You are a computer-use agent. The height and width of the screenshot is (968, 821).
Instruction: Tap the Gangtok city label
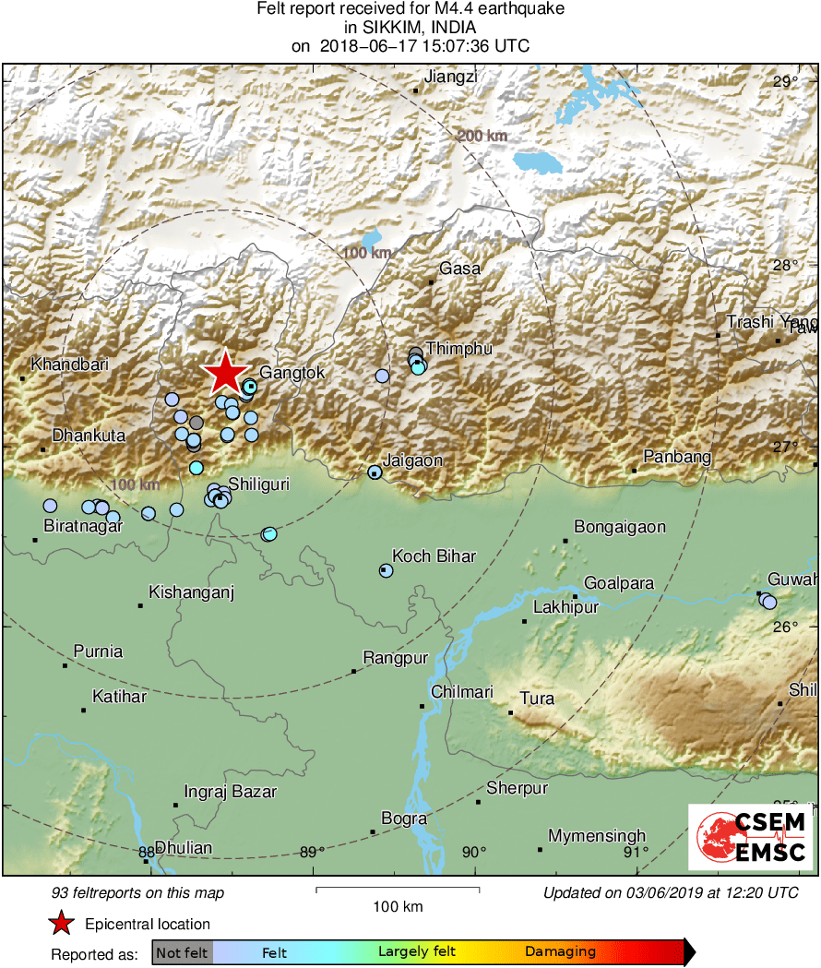(292, 373)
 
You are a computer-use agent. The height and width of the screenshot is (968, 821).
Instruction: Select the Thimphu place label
(459, 348)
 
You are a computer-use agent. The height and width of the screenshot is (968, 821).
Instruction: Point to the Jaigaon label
(412, 460)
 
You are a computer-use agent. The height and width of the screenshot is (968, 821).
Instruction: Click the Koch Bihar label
(434, 556)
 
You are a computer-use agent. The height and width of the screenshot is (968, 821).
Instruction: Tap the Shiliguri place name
(259, 484)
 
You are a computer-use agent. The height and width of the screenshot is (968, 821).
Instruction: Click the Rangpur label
(396, 658)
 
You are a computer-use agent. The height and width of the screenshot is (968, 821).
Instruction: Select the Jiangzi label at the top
(451, 77)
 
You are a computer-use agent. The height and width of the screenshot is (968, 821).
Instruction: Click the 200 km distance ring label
(482, 137)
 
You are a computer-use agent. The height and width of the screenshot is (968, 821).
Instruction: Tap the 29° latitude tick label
(786, 83)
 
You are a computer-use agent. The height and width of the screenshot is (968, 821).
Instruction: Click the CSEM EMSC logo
(750, 836)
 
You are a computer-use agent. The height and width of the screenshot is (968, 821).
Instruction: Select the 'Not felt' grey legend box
(182, 951)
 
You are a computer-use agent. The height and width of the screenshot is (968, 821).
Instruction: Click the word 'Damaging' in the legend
(561, 951)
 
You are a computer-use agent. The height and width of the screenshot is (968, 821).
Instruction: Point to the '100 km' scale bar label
(399, 906)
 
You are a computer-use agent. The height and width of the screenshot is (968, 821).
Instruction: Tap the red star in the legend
(62, 924)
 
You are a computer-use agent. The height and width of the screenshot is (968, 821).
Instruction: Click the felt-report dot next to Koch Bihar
(386, 571)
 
